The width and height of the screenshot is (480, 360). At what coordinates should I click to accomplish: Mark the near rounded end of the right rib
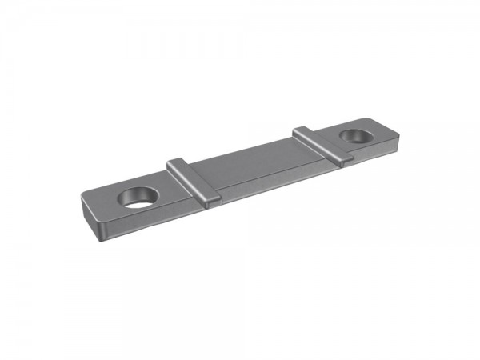(x=345, y=161)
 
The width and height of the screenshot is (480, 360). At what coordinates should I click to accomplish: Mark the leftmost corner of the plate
(x=81, y=192)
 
